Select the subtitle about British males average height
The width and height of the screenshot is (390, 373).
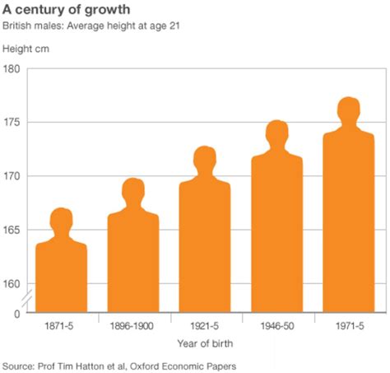coord(96,27)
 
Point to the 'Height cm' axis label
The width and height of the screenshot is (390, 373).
coord(27,49)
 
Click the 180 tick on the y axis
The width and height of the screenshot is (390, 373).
coord(12,69)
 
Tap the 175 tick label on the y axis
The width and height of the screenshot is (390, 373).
coord(12,123)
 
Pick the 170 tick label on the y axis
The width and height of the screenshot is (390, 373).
coord(12,176)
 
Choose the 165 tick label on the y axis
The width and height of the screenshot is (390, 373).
coord(12,230)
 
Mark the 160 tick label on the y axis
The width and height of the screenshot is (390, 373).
coord(12,284)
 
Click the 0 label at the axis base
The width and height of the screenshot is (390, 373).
coord(17,313)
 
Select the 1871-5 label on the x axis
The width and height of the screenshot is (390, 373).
coord(61,326)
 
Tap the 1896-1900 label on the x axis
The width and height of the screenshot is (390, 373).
coord(133,326)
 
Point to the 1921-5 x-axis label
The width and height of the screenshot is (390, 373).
coord(205,326)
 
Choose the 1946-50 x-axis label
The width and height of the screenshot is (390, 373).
coord(276,326)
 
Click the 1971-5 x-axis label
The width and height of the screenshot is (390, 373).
coord(349,326)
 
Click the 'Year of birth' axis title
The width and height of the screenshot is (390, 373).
coord(205,343)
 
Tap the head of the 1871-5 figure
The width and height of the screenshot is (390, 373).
coord(62,219)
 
